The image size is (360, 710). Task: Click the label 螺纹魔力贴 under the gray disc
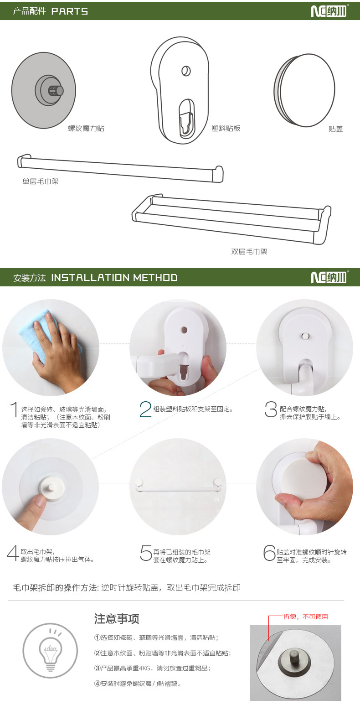(x=86, y=129)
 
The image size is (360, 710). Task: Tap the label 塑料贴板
(x=226, y=129)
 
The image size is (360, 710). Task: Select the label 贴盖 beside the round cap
(x=335, y=129)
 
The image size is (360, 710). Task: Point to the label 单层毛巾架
(x=41, y=181)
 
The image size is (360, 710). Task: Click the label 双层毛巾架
(x=249, y=252)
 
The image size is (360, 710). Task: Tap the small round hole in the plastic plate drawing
(x=186, y=70)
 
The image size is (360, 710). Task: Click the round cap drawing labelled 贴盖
(x=304, y=90)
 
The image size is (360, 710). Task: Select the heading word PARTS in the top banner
(x=70, y=11)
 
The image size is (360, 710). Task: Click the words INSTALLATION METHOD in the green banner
(x=114, y=278)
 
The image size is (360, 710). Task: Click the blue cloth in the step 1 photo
(x=46, y=333)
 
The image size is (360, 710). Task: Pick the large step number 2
(x=145, y=409)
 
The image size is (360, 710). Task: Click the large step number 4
(x=13, y=553)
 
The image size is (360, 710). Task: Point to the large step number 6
(x=270, y=553)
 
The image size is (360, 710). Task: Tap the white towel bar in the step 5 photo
(x=178, y=486)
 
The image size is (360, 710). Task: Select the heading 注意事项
(x=117, y=619)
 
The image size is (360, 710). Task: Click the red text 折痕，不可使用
(x=305, y=617)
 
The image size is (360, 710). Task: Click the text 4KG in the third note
(x=145, y=668)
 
